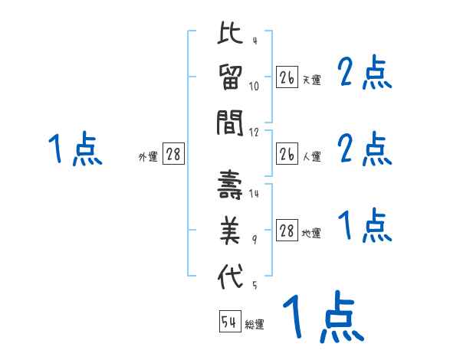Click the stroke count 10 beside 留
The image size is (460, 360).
tap(255, 87)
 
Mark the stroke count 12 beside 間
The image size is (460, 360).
tap(255, 132)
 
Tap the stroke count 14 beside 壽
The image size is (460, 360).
tap(255, 195)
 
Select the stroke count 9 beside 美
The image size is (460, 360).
tap(255, 240)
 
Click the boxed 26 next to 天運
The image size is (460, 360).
tap(287, 77)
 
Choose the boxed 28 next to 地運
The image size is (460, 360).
tap(287, 231)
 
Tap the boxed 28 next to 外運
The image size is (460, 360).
tap(173, 155)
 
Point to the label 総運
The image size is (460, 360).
tap(254, 325)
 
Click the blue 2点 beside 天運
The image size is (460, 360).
tap(365, 74)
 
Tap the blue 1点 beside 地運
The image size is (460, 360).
tap(365, 227)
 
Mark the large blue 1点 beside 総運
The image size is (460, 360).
tap(323, 317)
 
